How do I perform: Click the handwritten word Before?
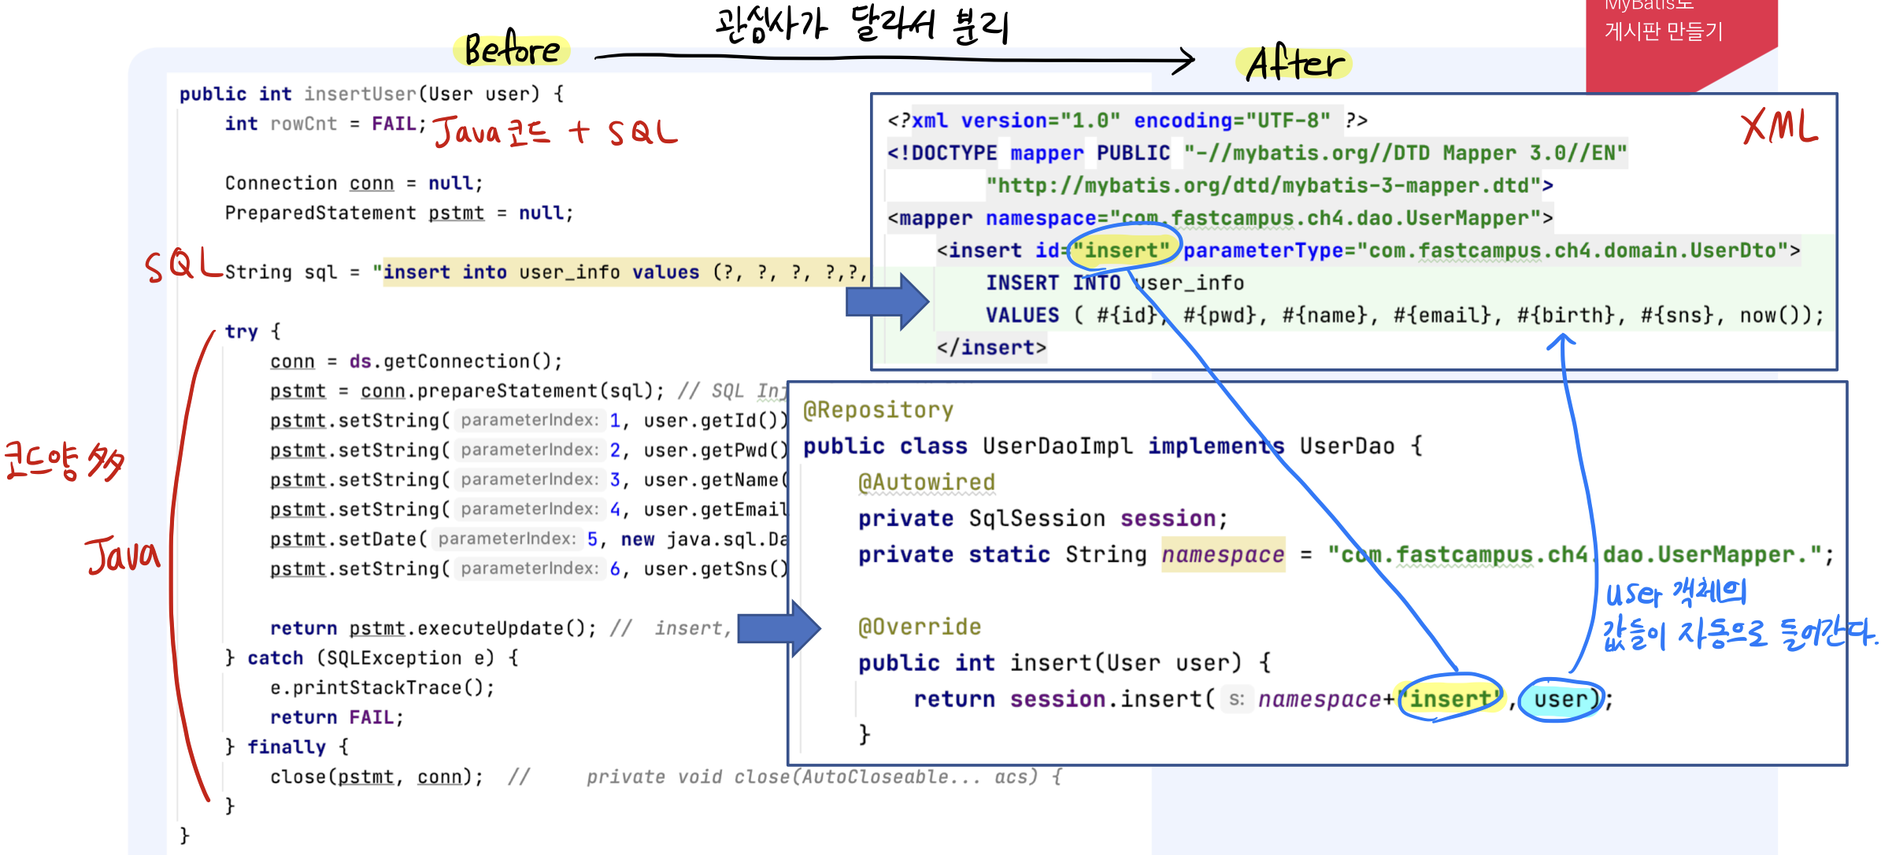click(512, 50)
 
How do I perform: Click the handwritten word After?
click(1294, 63)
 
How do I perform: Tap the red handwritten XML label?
click(1779, 126)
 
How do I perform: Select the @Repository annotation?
click(878, 410)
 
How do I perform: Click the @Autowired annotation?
click(927, 482)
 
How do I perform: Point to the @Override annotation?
click(920, 627)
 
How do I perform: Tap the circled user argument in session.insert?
click(1561, 699)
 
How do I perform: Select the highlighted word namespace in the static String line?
click(1223, 554)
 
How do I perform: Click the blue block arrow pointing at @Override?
click(779, 628)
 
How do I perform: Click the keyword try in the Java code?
click(241, 331)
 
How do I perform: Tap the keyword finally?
click(286, 746)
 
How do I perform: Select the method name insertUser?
click(360, 94)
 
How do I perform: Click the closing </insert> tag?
click(991, 347)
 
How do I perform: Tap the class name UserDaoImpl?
click(1057, 446)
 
